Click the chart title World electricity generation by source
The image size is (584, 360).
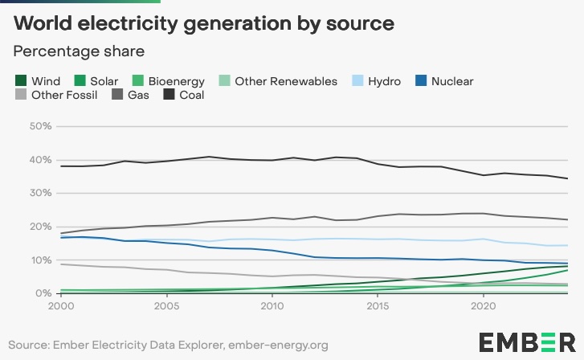tap(204, 23)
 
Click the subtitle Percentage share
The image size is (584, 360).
tap(79, 51)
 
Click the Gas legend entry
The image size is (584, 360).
tap(138, 96)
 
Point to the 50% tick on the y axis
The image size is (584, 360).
tap(40, 126)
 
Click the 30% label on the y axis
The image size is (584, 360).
tap(40, 193)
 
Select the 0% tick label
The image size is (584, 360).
tap(43, 293)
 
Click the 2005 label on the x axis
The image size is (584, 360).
tap(166, 307)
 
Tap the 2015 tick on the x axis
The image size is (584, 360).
tap(377, 307)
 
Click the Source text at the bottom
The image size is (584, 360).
tap(169, 346)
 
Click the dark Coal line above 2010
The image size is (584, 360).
tap(272, 160)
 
